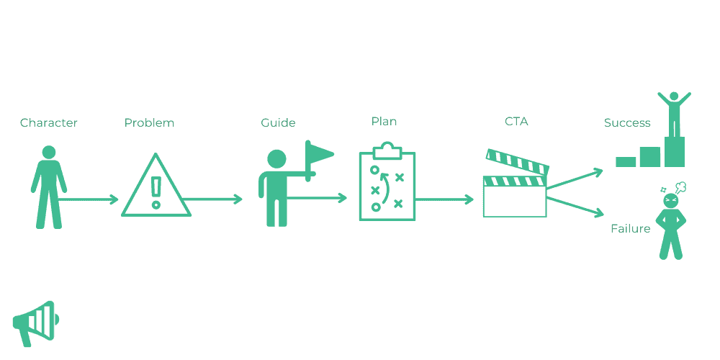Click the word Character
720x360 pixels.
click(48, 123)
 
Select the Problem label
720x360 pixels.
click(149, 123)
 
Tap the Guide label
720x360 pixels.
click(278, 123)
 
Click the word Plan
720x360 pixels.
click(384, 122)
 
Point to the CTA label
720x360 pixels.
click(516, 122)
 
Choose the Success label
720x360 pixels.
click(627, 123)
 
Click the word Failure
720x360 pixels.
click(630, 229)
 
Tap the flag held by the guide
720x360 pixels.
click(319, 153)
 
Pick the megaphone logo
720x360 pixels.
click(35, 321)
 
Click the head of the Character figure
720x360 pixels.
click(49, 153)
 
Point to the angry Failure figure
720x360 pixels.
click(671, 223)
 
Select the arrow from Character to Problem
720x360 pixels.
click(90, 199)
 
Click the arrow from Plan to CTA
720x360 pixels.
click(444, 199)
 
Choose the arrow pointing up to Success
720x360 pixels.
click(576, 179)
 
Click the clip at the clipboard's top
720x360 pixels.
click(387, 149)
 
